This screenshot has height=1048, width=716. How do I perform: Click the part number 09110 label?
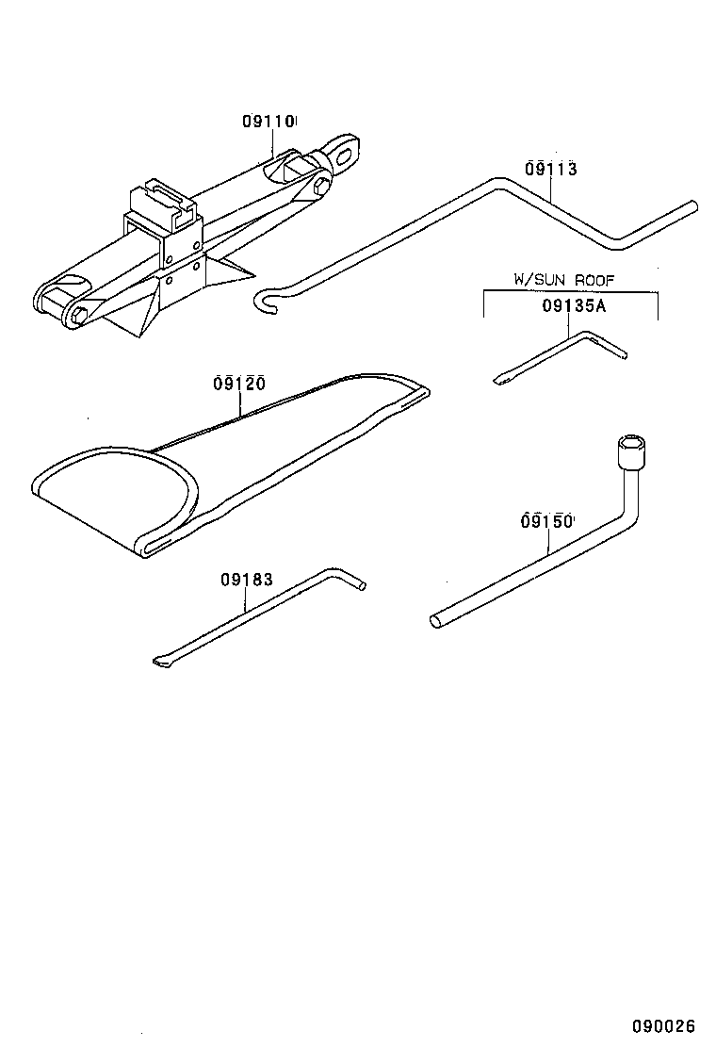[268, 122]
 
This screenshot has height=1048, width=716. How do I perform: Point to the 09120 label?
[238, 384]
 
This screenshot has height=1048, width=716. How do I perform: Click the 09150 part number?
[546, 520]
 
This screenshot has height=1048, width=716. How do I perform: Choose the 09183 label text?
[247, 580]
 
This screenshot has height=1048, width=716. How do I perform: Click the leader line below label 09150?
[546, 541]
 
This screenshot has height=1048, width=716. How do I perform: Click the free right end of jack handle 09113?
[693, 205]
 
